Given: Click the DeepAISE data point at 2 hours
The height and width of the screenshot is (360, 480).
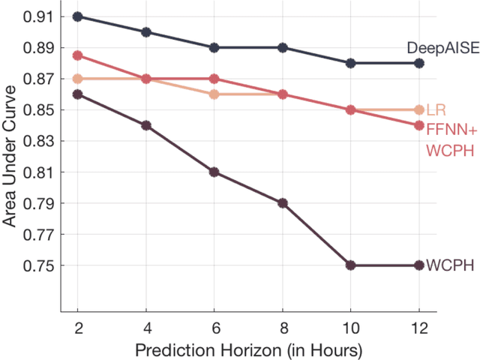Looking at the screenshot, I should [x=78, y=16].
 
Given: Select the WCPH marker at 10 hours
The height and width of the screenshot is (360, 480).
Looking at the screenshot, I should [x=352, y=265].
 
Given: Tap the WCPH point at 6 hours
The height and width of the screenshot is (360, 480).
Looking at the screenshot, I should [x=214, y=172].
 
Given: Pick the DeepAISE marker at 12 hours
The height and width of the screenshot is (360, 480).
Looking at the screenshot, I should [x=420, y=63].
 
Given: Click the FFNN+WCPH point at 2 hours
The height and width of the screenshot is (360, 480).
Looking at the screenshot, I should [x=78, y=55].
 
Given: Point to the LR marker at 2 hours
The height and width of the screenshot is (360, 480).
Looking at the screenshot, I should [x=78, y=79].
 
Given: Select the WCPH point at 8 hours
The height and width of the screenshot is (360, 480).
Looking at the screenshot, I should [x=283, y=203].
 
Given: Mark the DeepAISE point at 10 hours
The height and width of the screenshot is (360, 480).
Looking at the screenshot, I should [x=352, y=63].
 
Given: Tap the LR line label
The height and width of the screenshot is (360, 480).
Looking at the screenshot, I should [x=434, y=110].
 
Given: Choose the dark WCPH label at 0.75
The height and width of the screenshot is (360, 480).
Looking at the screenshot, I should [x=445, y=266].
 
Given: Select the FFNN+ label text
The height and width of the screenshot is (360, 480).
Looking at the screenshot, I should [x=448, y=129].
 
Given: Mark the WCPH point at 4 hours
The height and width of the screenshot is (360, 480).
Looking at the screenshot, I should [x=146, y=125].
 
